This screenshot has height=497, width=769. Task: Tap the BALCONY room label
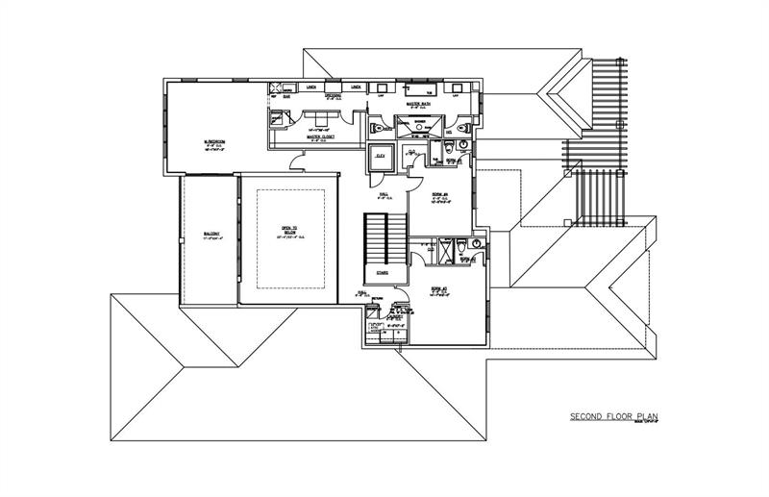[x=211, y=234]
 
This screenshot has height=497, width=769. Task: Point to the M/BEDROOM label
[x=213, y=141]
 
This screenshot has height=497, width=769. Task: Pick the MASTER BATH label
[x=418, y=103]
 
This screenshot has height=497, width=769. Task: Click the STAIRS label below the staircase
[x=382, y=272]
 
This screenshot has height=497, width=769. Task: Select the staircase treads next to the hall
[x=382, y=240]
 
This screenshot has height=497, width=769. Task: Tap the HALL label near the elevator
[x=384, y=193]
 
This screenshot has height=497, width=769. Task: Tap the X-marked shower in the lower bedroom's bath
[x=445, y=252]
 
